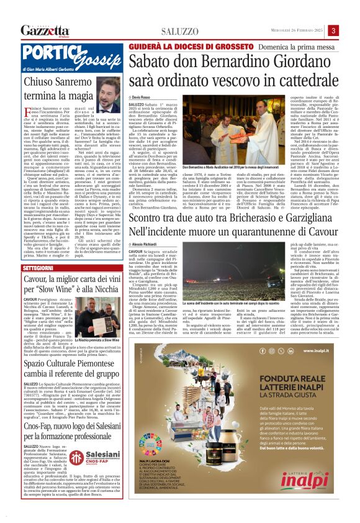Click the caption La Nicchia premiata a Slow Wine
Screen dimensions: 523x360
pos(96,340)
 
